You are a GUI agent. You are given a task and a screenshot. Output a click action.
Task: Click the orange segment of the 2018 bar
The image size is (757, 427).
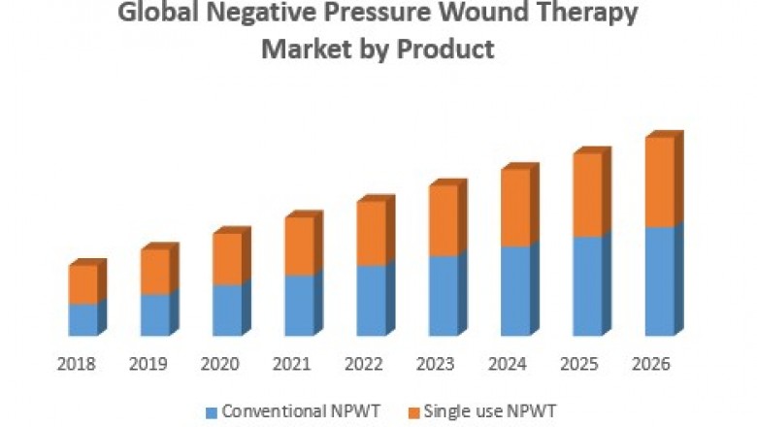82,284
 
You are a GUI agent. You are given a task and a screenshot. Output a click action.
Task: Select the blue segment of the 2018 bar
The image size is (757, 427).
82,319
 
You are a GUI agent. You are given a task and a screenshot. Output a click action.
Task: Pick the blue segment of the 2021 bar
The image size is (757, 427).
299,305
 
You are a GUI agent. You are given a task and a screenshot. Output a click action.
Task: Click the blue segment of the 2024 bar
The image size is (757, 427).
515,291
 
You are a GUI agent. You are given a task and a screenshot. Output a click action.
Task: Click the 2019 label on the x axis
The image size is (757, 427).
148,365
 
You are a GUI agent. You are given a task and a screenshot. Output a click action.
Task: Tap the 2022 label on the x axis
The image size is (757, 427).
364,365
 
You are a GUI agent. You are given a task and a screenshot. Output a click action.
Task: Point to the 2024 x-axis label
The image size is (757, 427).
508,365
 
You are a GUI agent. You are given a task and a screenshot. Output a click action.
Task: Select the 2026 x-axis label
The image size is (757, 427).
651,365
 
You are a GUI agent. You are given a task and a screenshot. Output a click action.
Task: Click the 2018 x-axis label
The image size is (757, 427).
77,365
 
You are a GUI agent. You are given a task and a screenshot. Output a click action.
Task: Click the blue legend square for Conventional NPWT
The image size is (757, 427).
211,411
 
